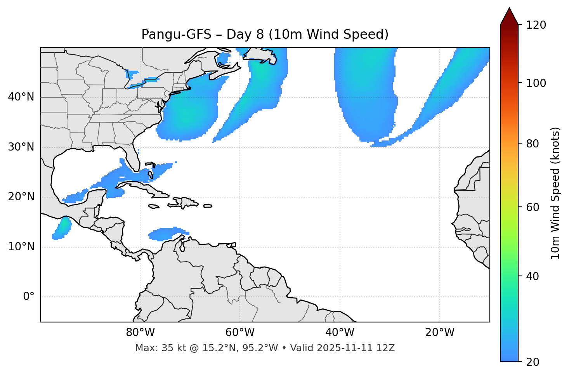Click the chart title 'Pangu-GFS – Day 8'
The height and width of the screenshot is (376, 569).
(265, 35)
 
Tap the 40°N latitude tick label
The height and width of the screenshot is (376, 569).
(21, 97)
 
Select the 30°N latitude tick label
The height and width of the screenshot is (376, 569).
(21, 147)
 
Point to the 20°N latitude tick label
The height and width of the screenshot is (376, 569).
(21, 197)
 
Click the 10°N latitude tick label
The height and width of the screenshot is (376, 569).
(21, 247)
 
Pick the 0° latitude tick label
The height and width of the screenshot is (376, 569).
(29, 297)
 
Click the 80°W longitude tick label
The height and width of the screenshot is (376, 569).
(140, 333)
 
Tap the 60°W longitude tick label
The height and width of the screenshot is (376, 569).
(240, 333)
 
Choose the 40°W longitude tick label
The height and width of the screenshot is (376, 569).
(340, 333)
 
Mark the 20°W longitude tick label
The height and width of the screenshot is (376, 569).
(439, 333)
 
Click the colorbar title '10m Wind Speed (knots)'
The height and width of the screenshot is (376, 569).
(555, 193)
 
